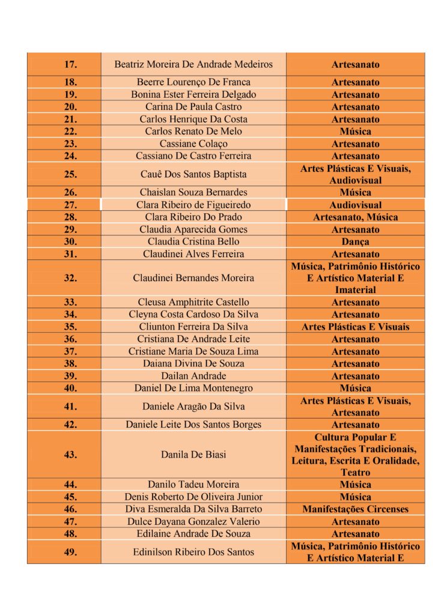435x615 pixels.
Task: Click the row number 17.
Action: pos(70,64)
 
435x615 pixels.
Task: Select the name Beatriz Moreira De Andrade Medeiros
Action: pos(193,64)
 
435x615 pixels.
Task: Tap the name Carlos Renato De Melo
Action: pos(193,132)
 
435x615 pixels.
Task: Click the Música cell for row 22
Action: pos(355,132)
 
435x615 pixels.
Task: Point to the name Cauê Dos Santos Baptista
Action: pos(193,174)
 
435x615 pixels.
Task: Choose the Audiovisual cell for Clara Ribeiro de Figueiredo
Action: pos(355,205)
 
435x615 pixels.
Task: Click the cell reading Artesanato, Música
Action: pos(355,217)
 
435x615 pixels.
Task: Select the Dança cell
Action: pos(355,241)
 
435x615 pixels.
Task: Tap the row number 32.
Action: pos(70,278)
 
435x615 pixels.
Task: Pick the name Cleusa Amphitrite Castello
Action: pos(193,302)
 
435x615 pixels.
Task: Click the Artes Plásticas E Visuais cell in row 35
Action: pos(355,327)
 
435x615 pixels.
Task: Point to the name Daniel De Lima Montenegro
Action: pos(193,388)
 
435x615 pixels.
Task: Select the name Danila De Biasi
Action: pos(193,455)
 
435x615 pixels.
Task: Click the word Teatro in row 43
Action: pos(355,473)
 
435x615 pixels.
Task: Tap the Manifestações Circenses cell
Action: pos(355,509)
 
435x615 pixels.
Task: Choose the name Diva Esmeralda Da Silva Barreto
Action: pos(193,509)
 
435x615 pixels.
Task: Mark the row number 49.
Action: pos(70,552)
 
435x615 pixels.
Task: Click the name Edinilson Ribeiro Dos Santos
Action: pos(193,552)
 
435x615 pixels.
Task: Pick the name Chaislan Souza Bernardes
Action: pos(193,192)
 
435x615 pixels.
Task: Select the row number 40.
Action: pos(70,388)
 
